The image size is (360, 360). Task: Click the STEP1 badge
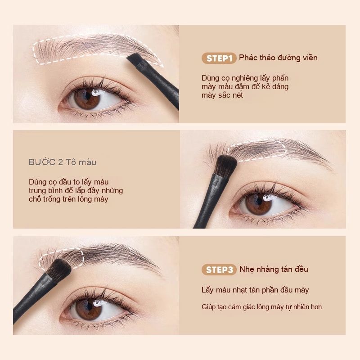219,58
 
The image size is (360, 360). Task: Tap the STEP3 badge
219,270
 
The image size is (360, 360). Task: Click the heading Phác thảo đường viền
278,58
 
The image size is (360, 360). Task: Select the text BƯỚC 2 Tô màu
63,162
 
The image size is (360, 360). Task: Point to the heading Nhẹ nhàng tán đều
274,269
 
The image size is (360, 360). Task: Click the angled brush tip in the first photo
134,59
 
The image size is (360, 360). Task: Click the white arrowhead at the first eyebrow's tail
162,65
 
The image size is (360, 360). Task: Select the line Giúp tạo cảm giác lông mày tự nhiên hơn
261,307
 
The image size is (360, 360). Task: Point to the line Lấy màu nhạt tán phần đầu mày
255,290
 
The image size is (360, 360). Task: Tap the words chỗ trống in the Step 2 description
42,199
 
